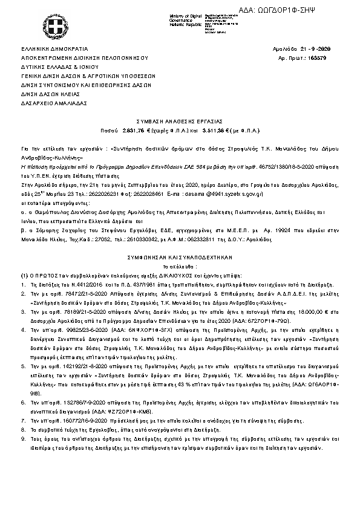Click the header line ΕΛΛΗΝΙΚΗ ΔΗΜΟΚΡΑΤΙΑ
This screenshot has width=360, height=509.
(x=54, y=48)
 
